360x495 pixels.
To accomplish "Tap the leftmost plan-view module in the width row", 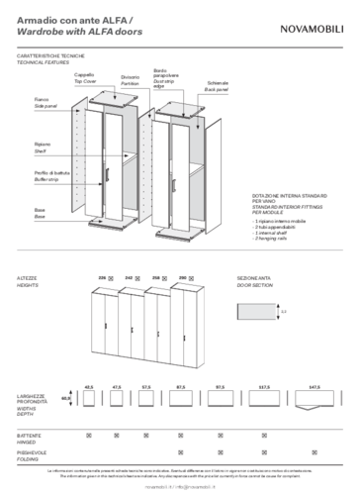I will click(88, 398).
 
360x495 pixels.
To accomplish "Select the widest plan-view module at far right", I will click(315, 398).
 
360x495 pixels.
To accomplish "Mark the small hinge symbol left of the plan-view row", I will click(66, 398).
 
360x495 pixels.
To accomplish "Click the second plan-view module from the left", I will click(117, 398).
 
